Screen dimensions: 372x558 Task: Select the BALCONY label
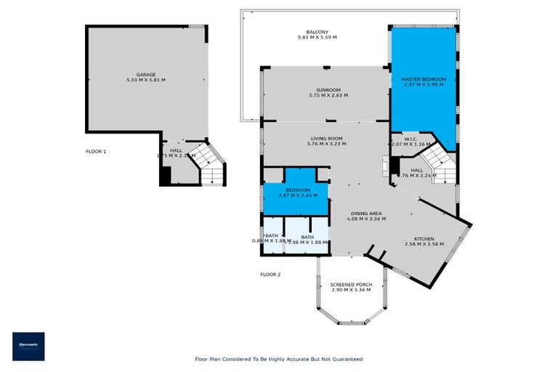click(318, 31)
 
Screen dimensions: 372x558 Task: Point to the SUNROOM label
click(328, 90)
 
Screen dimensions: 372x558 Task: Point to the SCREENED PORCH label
click(351, 284)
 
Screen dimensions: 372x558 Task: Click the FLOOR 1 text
click(95, 151)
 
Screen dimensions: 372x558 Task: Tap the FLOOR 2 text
click(270, 274)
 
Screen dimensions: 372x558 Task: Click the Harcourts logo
click(28, 347)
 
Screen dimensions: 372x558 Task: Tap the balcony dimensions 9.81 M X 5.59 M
click(318, 37)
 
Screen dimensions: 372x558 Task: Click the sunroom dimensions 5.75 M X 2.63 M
click(328, 96)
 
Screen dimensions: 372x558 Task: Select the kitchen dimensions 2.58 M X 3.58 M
click(424, 244)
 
